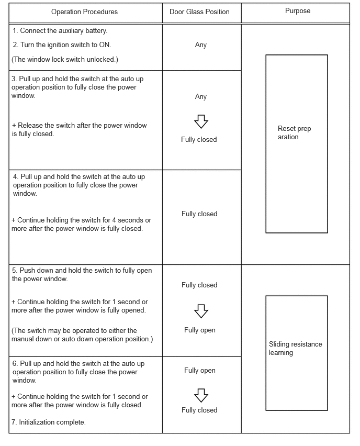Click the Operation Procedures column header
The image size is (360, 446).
pos(84,12)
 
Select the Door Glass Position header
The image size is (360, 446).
pos(199,12)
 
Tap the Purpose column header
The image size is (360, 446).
pos(298,10)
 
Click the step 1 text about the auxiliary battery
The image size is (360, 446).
pos(60,31)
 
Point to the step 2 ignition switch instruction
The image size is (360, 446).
pos(62,44)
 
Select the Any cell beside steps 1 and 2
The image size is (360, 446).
pos(201,45)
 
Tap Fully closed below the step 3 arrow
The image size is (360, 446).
pos(199,140)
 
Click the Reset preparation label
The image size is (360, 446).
pos(294,133)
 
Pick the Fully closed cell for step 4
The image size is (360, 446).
pos(199,214)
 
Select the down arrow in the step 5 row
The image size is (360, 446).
pos(201,311)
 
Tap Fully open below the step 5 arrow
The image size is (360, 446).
pos(199,330)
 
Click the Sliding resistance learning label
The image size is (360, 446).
pos(295,349)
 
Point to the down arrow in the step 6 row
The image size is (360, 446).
pos(201,395)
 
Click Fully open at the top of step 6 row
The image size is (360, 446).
pos(199,371)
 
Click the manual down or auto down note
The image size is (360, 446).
pos(82,335)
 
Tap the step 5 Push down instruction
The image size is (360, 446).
pos(78,275)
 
